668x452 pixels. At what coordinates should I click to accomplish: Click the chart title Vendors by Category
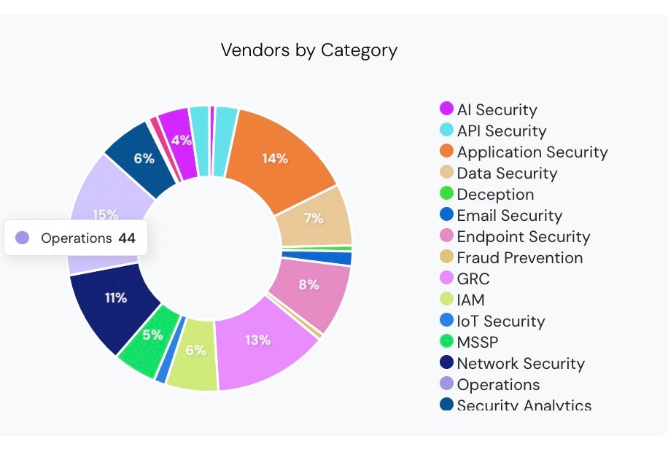pyautogui.click(x=308, y=50)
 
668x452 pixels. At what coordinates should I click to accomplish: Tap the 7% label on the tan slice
pyautogui.click(x=314, y=218)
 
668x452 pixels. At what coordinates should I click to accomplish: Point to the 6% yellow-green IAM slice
pyautogui.click(x=195, y=351)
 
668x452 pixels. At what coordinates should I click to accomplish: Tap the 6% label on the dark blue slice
pyautogui.click(x=144, y=158)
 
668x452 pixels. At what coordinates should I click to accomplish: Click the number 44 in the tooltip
pyautogui.click(x=127, y=238)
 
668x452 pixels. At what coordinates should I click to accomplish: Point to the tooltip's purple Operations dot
pyautogui.click(x=23, y=238)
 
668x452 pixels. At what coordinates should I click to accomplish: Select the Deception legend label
pyautogui.click(x=495, y=195)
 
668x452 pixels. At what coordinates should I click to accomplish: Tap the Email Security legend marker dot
pyautogui.click(x=446, y=215)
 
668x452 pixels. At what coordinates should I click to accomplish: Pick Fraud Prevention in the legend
pyautogui.click(x=519, y=258)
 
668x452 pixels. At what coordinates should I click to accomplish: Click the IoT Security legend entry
pyautogui.click(x=500, y=322)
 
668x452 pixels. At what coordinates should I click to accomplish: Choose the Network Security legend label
pyautogui.click(x=521, y=364)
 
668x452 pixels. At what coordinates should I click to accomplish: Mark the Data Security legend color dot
pyautogui.click(x=446, y=173)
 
